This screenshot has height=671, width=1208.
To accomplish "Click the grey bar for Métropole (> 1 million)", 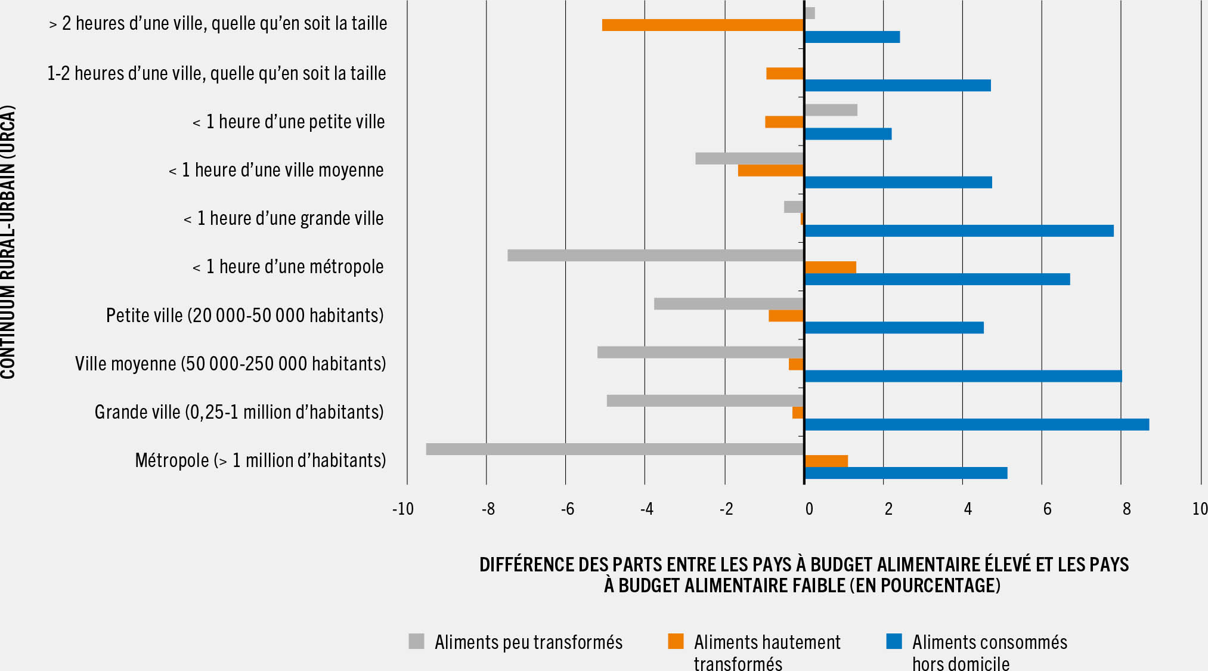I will [614, 449].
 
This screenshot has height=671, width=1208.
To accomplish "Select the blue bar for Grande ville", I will [977, 425].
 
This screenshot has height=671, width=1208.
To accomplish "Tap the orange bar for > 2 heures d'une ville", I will [702, 25].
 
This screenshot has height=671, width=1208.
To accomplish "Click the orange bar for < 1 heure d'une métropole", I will [830, 267].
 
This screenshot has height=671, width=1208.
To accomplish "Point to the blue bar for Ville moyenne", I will [963, 376].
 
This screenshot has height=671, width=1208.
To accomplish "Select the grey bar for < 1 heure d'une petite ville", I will [831, 110].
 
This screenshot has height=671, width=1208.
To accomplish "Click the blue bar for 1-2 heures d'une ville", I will [897, 85].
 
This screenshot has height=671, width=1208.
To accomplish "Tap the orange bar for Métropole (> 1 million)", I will [826, 461].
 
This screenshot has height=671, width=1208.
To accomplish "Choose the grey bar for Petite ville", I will [729, 304].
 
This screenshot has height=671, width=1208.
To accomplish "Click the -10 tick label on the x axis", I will [403, 509].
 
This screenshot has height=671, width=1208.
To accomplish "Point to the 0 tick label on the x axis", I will [809, 509].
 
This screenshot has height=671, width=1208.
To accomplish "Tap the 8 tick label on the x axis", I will [1126, 509].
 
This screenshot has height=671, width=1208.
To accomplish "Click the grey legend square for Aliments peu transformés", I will [416, 641].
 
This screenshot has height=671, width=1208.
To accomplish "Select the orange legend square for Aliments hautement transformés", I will [676, 641].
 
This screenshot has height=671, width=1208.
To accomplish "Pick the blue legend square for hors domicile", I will [894, 641].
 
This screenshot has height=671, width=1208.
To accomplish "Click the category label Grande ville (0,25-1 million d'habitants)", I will [238, 412].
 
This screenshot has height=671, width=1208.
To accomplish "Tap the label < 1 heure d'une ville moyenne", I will [275, 170].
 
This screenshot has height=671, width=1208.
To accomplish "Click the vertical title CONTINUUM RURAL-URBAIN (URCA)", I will [8, 242].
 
